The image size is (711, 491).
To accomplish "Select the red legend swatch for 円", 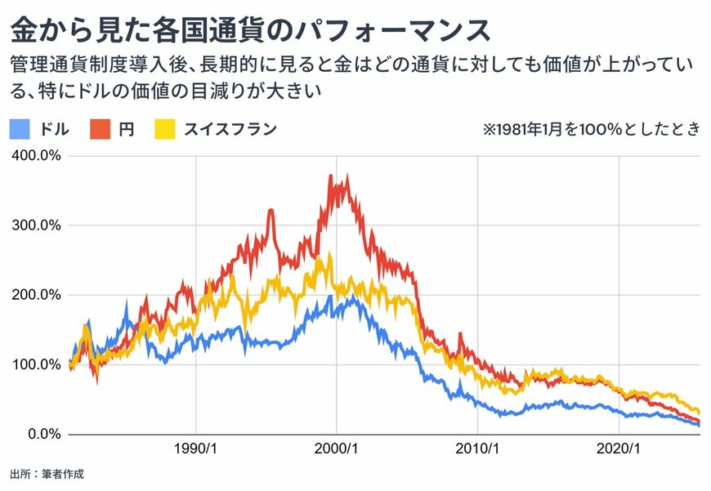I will point(100,129).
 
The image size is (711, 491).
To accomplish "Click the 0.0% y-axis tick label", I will point(44,434).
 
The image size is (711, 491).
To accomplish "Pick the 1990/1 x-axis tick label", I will point(196,449).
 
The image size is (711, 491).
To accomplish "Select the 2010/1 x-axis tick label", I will point(478,449).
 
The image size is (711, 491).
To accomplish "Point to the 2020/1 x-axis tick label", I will point(619,449).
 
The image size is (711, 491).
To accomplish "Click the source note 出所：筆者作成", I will point(47,473).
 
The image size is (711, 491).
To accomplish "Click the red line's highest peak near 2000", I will point(330,176).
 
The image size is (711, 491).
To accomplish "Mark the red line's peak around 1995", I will point(271,210).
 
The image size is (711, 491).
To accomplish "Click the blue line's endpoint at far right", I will point(699,425).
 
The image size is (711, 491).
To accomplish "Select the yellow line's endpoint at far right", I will point(699,411).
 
